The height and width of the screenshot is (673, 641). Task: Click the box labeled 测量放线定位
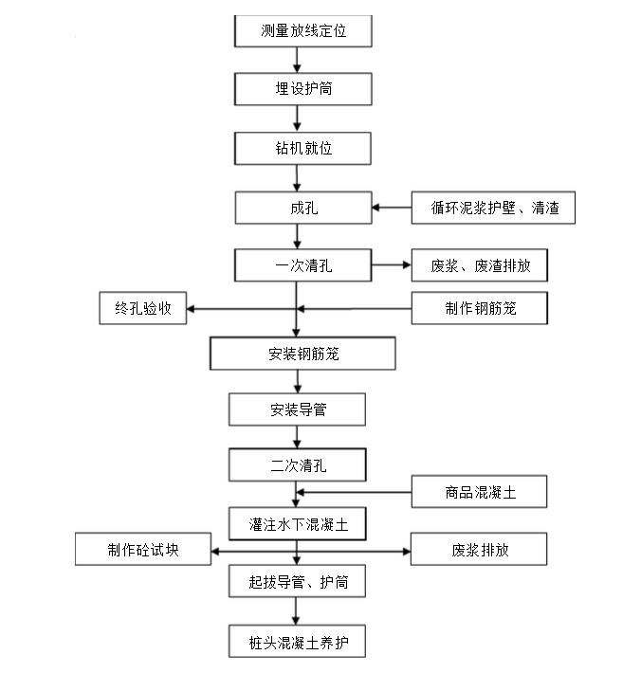pyautogui.click(x=302, y=31)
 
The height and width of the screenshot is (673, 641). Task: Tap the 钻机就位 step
pyautogui.click(x=302, y=148)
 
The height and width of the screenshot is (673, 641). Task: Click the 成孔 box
pyautogui.click(x=302, y=208)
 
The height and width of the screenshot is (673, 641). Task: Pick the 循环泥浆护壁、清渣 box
pyautogui.click(x=493, y=208)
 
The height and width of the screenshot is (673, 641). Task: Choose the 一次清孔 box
pyautogui.click(x=302, y=266)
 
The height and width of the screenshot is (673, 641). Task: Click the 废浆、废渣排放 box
pyautogui.click(x=479, y=266)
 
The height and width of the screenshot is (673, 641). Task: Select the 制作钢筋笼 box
pyautogui.click(x=479, y=308)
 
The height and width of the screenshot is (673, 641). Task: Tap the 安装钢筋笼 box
pyautogui.click(x=302, y=354)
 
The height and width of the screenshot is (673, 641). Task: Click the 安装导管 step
pyautogui.click(x=297, y=409)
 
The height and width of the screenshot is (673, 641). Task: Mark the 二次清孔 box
pyautogui.click(x=297, y=465)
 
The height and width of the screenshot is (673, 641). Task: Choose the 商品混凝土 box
pyautogui.click(x=479, y=492)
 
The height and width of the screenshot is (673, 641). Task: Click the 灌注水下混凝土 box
pyautogui.click(x=297, y=522)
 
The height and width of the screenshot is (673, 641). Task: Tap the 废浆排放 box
pyautogui.click(x=479, y=550)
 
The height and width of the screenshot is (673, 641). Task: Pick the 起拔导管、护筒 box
pyautogui.click(x=297, y=581)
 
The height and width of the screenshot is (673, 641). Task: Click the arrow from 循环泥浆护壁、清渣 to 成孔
pyautogui.click(x=391, y=208)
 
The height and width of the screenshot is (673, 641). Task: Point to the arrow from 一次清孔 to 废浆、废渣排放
pyautogui.click(x=391, y=266)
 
